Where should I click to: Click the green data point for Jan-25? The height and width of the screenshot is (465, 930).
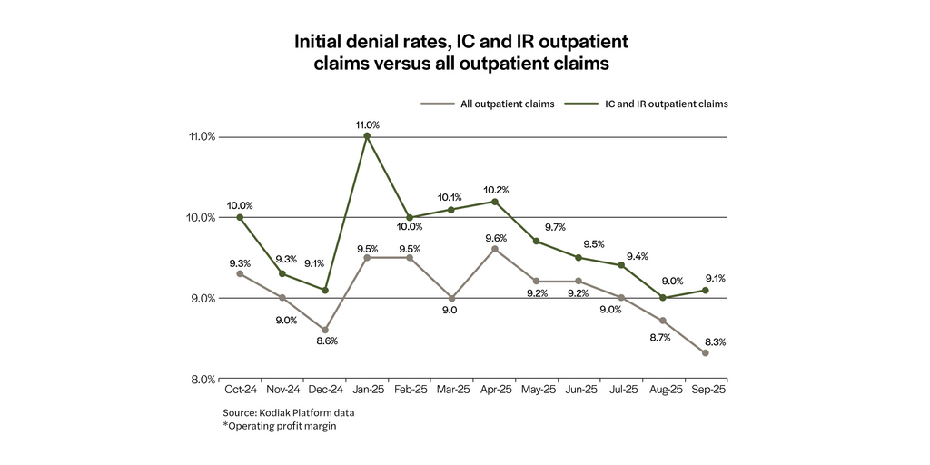tap(367, 136)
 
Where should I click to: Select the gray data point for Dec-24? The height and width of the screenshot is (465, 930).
tap(324, 330)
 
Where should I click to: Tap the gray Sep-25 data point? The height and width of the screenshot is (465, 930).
tap(706, 353)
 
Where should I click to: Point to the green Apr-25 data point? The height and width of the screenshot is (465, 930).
tap(494, 201)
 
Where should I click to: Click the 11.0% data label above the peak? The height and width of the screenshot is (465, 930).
tap(367, 124)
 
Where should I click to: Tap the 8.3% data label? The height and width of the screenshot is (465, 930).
tap(713, 341)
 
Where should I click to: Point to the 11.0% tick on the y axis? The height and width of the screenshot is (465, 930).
tap(202, 137)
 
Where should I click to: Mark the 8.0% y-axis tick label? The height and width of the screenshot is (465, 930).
tap(202, 379)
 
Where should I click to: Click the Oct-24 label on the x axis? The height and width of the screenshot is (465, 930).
tap(239, 390)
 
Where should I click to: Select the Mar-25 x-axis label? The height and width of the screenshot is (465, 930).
tap(451, 390)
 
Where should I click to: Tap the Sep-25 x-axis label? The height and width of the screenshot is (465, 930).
tap(706, 390)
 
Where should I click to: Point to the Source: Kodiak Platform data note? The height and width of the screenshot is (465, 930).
tap(282, 411)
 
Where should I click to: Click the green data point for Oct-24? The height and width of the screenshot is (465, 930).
tap(240, 217)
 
